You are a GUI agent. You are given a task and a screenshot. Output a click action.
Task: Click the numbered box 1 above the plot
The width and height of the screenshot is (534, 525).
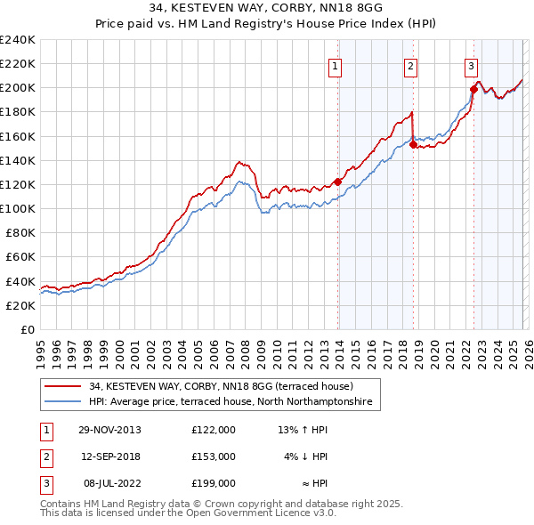(x=336, y=65)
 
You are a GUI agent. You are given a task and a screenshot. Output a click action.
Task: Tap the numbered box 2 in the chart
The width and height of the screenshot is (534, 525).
(x=410, y=65)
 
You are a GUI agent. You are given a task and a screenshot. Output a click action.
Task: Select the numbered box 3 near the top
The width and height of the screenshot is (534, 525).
(x=470, y=65)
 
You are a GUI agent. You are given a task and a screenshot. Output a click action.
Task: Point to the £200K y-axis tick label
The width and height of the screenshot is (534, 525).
(x=17, y=88)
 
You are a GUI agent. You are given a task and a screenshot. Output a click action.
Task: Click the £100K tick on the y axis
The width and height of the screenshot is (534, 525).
(x=17, y=208)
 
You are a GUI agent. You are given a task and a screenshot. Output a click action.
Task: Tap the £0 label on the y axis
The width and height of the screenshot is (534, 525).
(x=27, y=329)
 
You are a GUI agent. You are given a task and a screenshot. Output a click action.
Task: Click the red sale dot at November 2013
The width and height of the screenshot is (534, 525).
(x=338, y=182)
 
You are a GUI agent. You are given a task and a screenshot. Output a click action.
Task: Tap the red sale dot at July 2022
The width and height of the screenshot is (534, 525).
(x=473, y=89)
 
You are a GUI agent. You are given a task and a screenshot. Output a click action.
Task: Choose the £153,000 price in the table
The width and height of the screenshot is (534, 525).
(x=213, y=456)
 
